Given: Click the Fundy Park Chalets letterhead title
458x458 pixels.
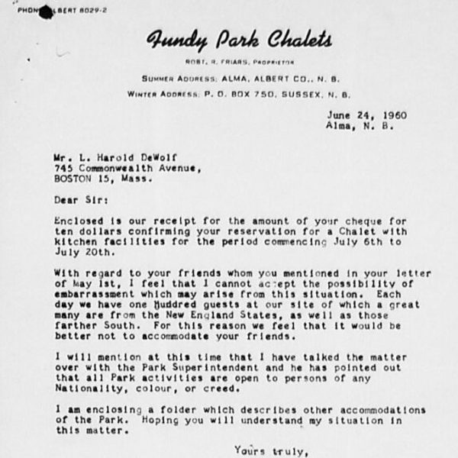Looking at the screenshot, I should coord(239,40).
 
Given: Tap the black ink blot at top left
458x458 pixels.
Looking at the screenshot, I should coord(47,11).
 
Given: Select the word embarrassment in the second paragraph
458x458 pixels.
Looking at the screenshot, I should coord(90,295).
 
